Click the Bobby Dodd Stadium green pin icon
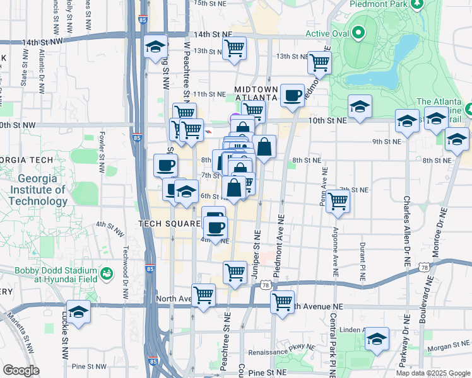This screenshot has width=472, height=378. pos(107,273)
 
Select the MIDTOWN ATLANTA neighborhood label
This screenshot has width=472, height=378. pos(256,94)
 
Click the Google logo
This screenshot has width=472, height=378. pos(21,370)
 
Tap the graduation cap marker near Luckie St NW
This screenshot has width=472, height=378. pos(78,312)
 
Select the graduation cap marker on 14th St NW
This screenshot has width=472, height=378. pos(155,48)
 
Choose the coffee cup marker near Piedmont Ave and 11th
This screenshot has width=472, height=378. pos(292,96)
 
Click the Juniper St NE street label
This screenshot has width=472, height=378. pos(257,245)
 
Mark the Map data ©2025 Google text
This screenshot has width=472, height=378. pos(433,372)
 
